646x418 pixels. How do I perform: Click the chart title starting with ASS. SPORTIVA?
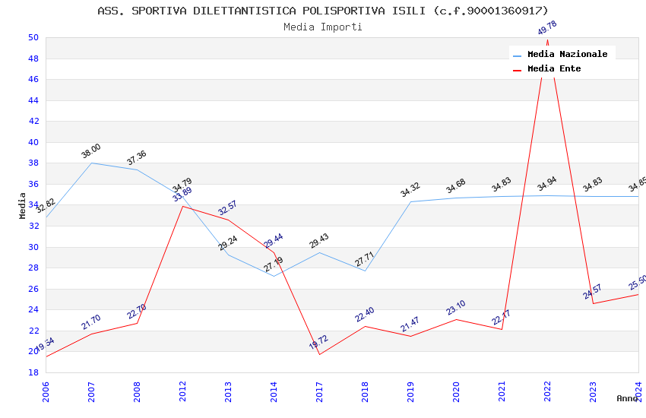coord(322,11)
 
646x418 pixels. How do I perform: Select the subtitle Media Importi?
coord(322,27)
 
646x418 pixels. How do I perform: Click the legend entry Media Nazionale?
coord(567,54)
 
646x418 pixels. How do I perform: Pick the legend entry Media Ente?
coord(554,68)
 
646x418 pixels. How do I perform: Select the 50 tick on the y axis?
coord(33,37)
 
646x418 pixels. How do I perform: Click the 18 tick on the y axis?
coord(33,372)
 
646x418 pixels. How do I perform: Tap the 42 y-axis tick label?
coord(33,121)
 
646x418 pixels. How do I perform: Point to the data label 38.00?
coord(91,151)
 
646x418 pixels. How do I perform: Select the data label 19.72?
coord(319,343)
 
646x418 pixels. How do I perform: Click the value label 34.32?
coord(410,190)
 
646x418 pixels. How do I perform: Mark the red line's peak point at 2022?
coord(547,40)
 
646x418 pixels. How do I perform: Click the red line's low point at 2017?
coord(319,354)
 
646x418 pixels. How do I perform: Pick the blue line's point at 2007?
coord(91,163)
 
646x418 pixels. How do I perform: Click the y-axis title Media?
coord(23,205)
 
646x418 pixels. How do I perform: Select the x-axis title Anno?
coord(627,398)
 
